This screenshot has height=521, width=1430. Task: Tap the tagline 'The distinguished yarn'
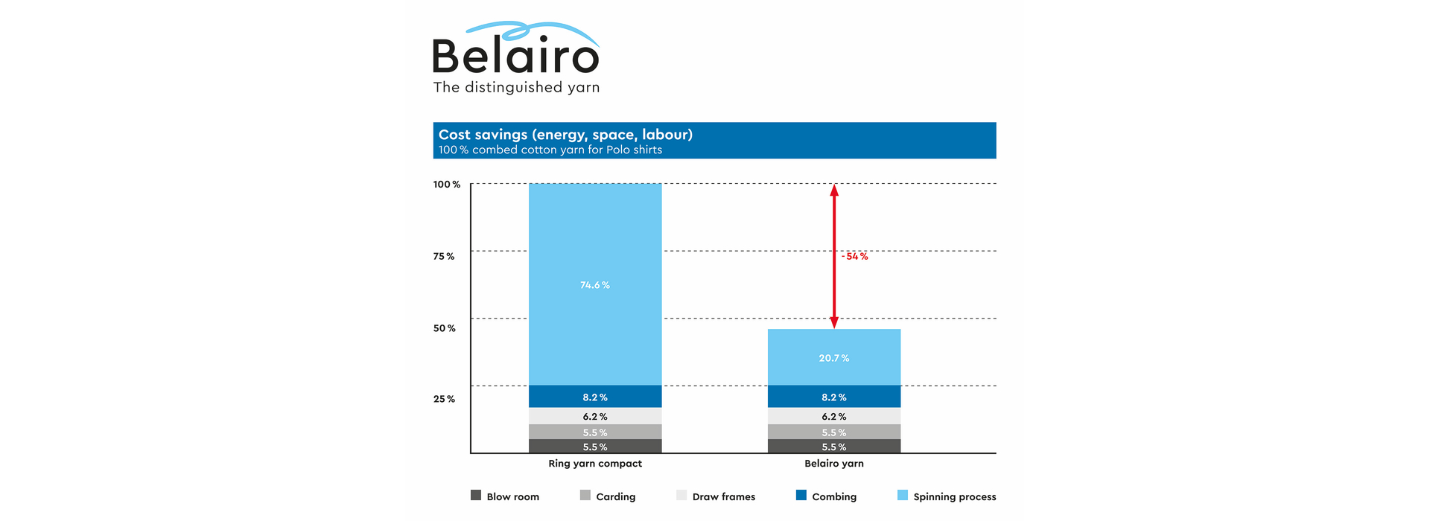[x=516, y=88]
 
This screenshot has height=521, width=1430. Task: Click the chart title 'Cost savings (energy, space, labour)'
[x=565, y=135]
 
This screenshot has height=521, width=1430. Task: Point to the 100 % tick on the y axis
[x=447, y=185]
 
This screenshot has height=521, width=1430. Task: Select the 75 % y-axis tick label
[x=444, y=256]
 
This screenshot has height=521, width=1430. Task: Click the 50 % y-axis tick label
[x=445, y=328]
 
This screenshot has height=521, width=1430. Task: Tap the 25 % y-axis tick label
[x=445, y=399]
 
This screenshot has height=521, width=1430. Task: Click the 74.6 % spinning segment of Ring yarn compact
[x=595, y=285]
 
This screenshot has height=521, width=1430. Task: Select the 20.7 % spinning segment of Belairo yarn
[x=833, y=358]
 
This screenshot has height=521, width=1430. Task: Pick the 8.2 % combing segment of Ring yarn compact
[x=595, y=397]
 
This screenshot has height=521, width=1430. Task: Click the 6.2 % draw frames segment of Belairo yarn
[x=833, y=417]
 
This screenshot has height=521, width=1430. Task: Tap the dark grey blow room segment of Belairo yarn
[x=833, y=447]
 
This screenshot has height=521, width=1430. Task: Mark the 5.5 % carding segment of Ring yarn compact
[x=595, y=432]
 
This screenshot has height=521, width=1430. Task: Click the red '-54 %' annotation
[x=855, y=256]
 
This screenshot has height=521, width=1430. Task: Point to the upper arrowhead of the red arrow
[x=834, y=191]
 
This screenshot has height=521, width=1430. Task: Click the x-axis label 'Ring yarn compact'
[x=595, y=464]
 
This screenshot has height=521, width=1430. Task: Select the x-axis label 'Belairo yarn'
[x=833, y=464]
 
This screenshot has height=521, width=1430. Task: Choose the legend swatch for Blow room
[x=476, y=496]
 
